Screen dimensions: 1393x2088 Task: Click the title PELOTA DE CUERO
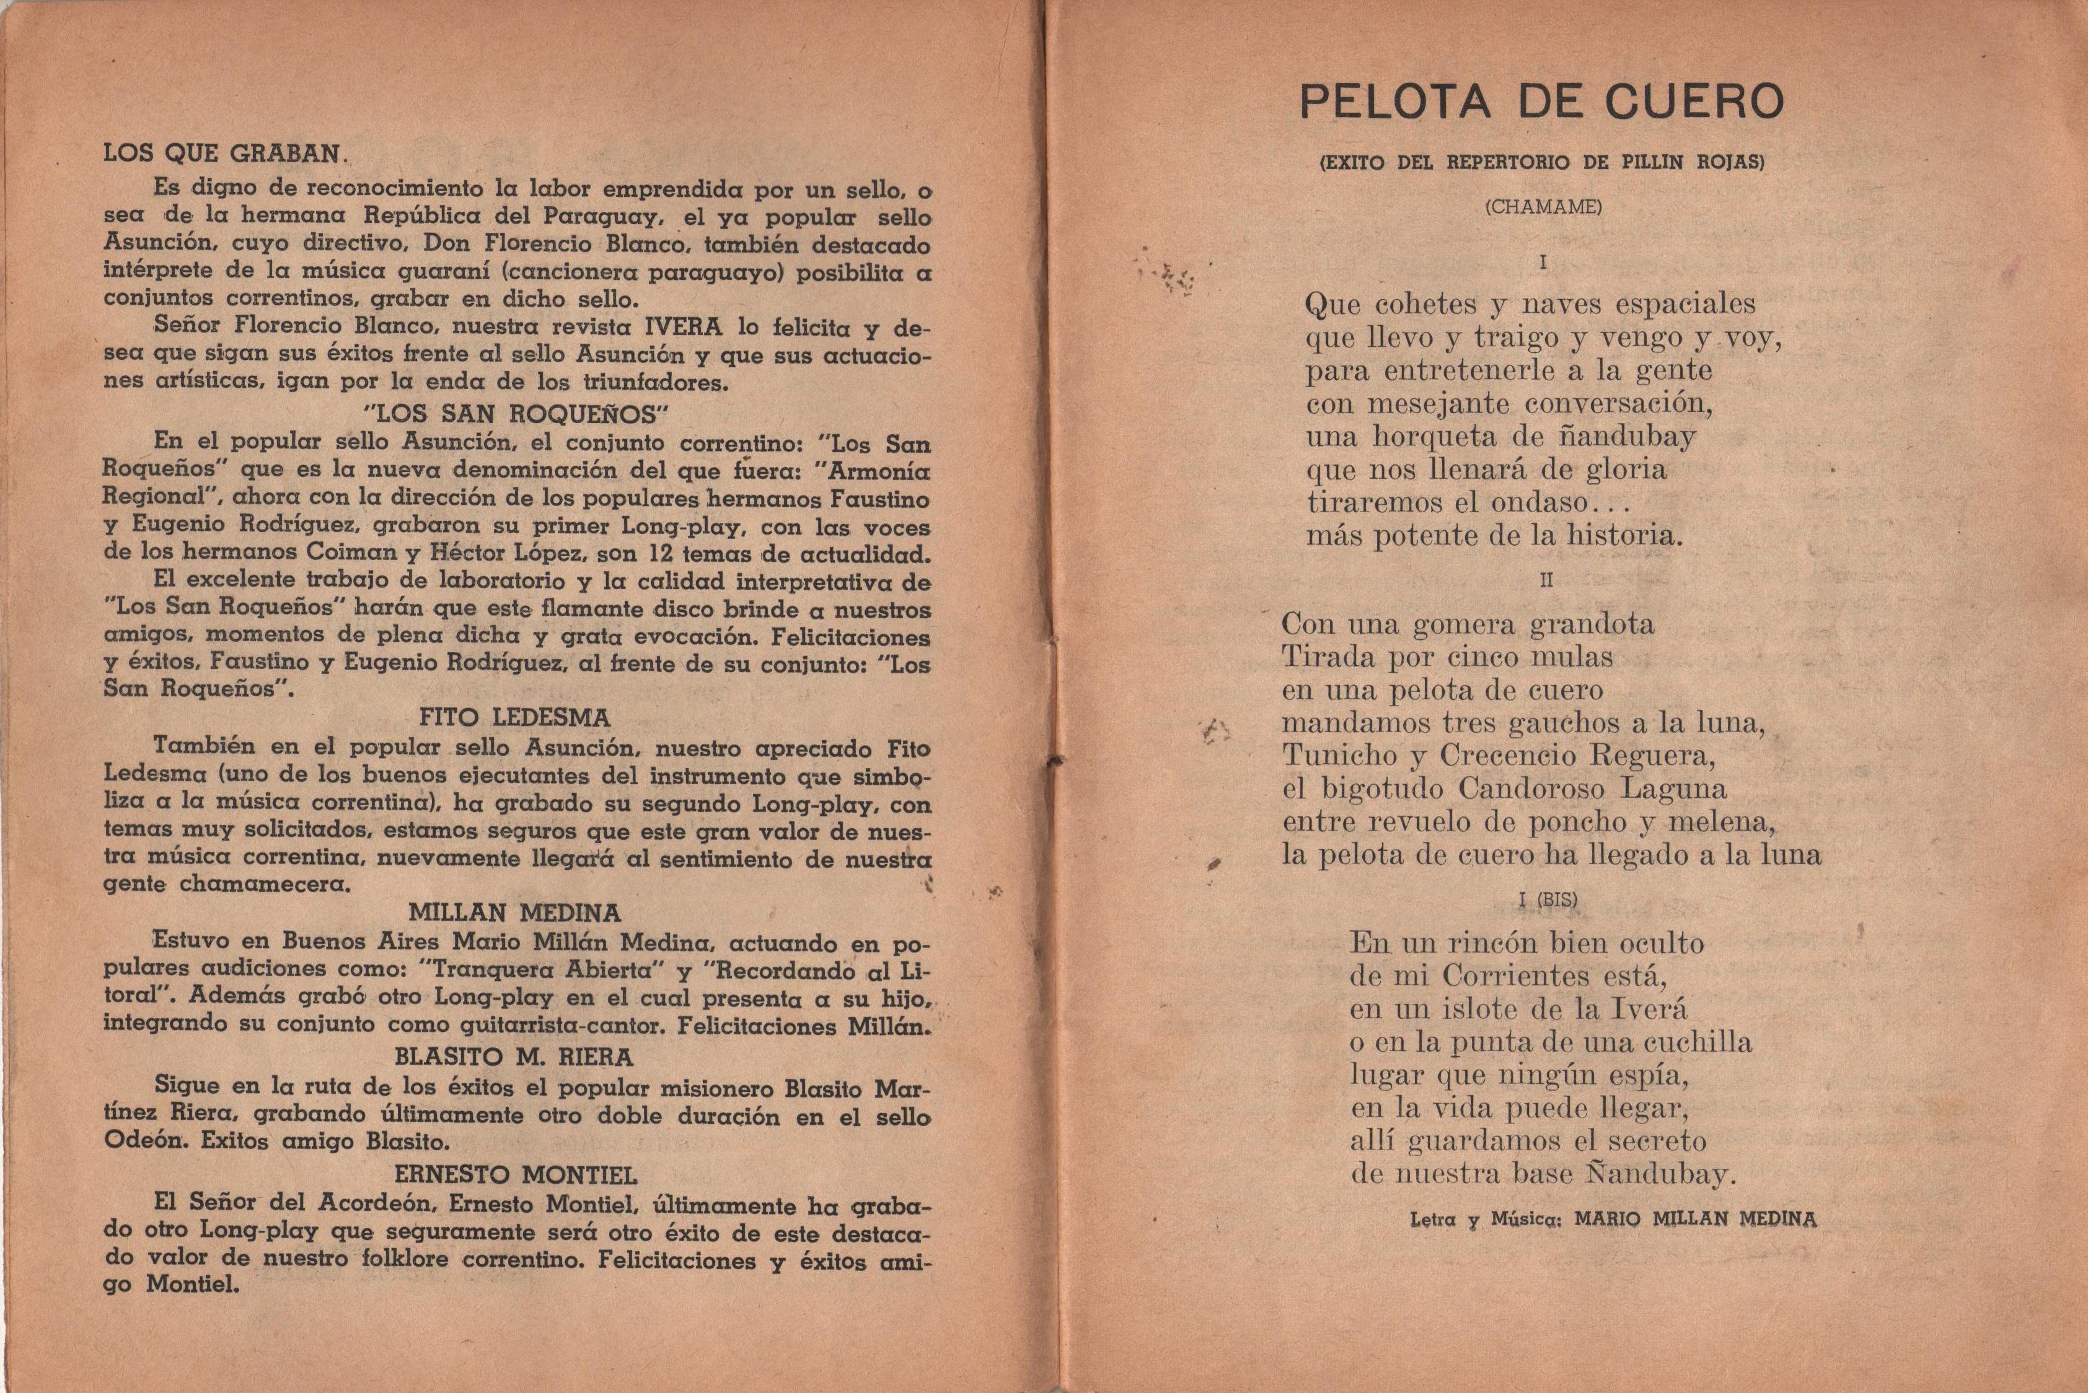pyautogui.click(x=1541, y=103)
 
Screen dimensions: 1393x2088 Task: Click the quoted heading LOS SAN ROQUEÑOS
pyautogui.click(x=516, y=413)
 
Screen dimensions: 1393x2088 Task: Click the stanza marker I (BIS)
pyautogui.click(x=1548, y=899)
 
